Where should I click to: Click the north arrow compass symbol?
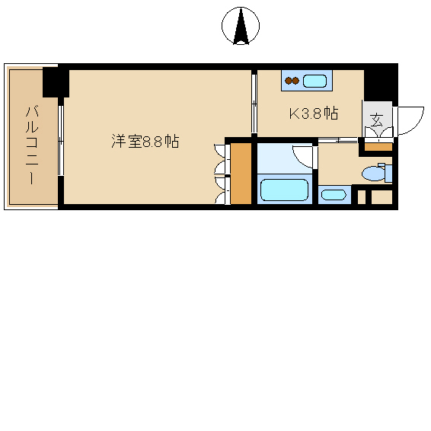241,26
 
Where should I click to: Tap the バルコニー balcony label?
32,145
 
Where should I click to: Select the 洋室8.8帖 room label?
145,142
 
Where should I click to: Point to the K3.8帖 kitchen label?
314,113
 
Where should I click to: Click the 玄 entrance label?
376,120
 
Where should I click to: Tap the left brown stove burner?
289,81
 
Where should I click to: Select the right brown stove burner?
295,81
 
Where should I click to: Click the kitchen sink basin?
314,81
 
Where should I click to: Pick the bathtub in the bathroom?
284,190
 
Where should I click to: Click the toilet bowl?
373,174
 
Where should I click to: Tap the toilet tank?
388,172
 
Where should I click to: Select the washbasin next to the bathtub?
334,195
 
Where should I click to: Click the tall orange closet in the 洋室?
241,174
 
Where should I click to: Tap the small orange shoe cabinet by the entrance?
378,147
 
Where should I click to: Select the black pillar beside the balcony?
56,82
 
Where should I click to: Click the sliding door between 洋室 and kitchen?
254,104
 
